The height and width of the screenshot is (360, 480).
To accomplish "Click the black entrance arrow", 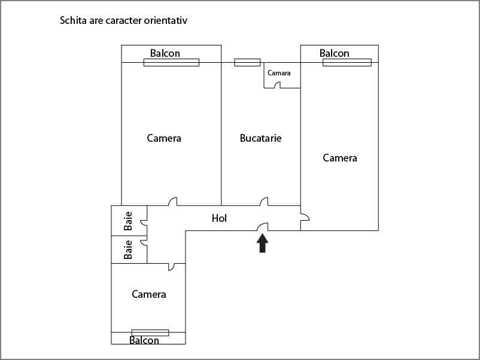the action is click(x=262, y=243).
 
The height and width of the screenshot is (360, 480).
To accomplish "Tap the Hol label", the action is click(x=219, y=218).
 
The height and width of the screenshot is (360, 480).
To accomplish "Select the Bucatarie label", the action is click(x=260, y=138).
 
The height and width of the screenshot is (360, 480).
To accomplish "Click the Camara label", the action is click(x=279, y=73).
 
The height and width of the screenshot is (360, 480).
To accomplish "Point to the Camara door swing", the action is click(x=277, y=85).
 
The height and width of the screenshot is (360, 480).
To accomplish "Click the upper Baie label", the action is click(x=128, y=221).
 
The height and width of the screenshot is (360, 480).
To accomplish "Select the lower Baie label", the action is click(x=128, y=249).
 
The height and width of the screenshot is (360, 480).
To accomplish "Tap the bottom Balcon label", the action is click(x=144, y=340).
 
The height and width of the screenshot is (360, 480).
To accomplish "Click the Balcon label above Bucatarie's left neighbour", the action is click(x=165, y=53).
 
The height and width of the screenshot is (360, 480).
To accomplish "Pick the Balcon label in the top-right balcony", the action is click(x=335, y=53).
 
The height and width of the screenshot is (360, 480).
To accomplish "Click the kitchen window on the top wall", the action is click(x=247, y=62).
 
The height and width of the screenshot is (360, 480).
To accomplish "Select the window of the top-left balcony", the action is click(x=171, y=62).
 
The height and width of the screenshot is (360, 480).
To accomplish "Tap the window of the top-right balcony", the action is click(x=347, y=62).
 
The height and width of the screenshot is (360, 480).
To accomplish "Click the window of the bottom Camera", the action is click(x=150, y=332).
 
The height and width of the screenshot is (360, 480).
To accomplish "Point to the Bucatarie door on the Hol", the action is click(x=264, y=202).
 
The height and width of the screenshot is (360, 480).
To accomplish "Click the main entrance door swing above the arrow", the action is click(x=262, y=227).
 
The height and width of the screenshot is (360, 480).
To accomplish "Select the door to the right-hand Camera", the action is click(x=305, y=217).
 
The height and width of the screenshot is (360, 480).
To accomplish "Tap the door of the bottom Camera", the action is click(x=171, y=267).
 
